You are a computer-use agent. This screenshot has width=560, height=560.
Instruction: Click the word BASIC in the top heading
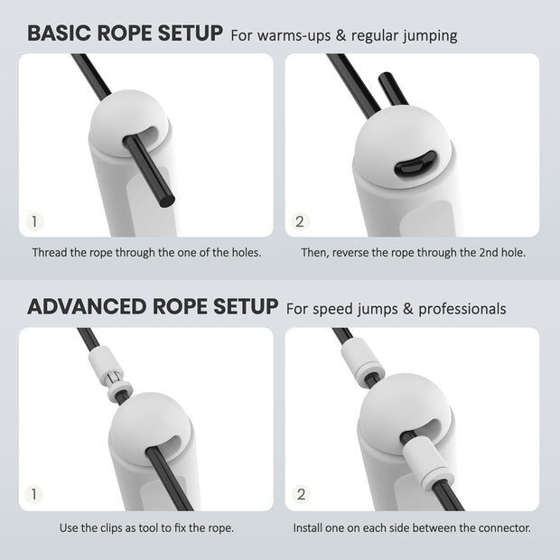[61, 33]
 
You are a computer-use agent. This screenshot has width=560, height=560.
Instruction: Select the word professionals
[459, 309]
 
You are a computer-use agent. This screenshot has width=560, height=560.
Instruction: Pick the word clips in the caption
[117, 527]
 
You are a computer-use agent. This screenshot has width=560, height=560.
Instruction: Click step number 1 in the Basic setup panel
[34, 220]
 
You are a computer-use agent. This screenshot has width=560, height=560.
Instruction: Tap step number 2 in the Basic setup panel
[301, 220]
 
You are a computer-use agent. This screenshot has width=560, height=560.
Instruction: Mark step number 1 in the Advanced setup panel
[34, 494]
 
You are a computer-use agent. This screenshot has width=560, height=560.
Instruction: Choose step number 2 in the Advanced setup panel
[301, 494]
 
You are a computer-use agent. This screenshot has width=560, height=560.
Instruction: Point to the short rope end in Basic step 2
[389, 94]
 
